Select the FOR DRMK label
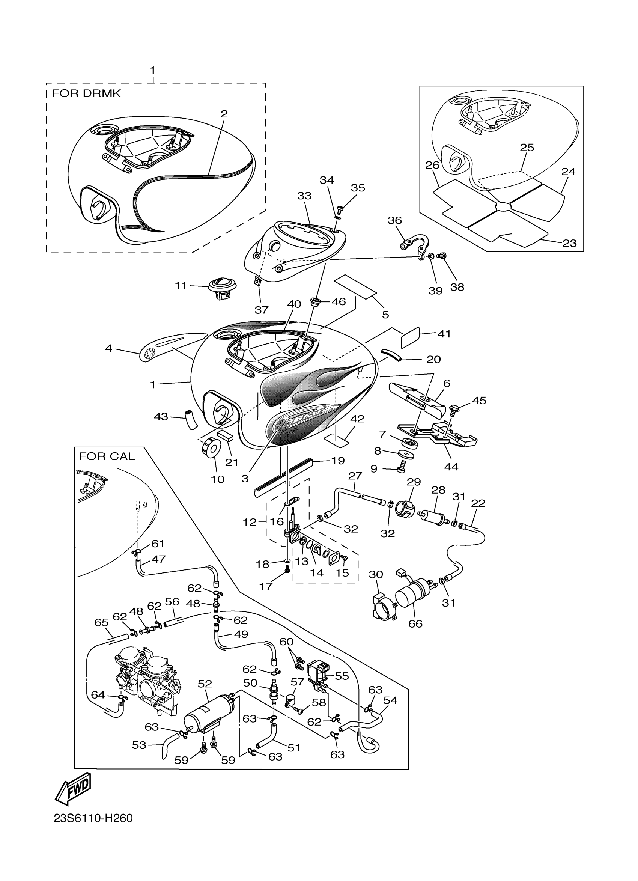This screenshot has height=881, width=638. point(86,93)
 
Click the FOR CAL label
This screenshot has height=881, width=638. point(107,456)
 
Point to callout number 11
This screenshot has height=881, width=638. point(181,286)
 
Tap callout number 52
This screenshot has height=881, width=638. point(205,684)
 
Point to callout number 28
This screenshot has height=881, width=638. point(438,490)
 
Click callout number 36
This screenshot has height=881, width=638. point(394,220)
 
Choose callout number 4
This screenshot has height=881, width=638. point(109,348)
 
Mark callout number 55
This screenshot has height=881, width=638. point(342,676)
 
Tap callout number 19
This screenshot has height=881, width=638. point(337,461)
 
